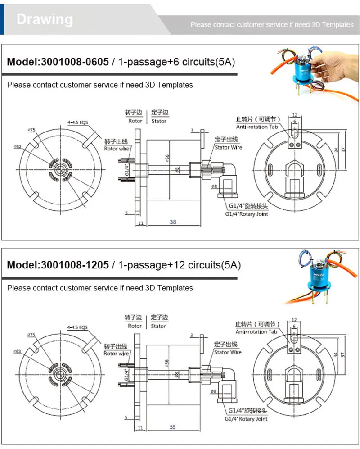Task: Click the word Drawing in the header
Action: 45,19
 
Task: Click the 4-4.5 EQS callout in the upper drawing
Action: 77,122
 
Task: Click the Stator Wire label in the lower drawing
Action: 228,352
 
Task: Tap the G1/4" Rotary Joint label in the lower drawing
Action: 246,419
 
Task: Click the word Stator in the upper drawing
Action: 159,121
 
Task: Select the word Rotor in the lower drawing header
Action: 135,326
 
